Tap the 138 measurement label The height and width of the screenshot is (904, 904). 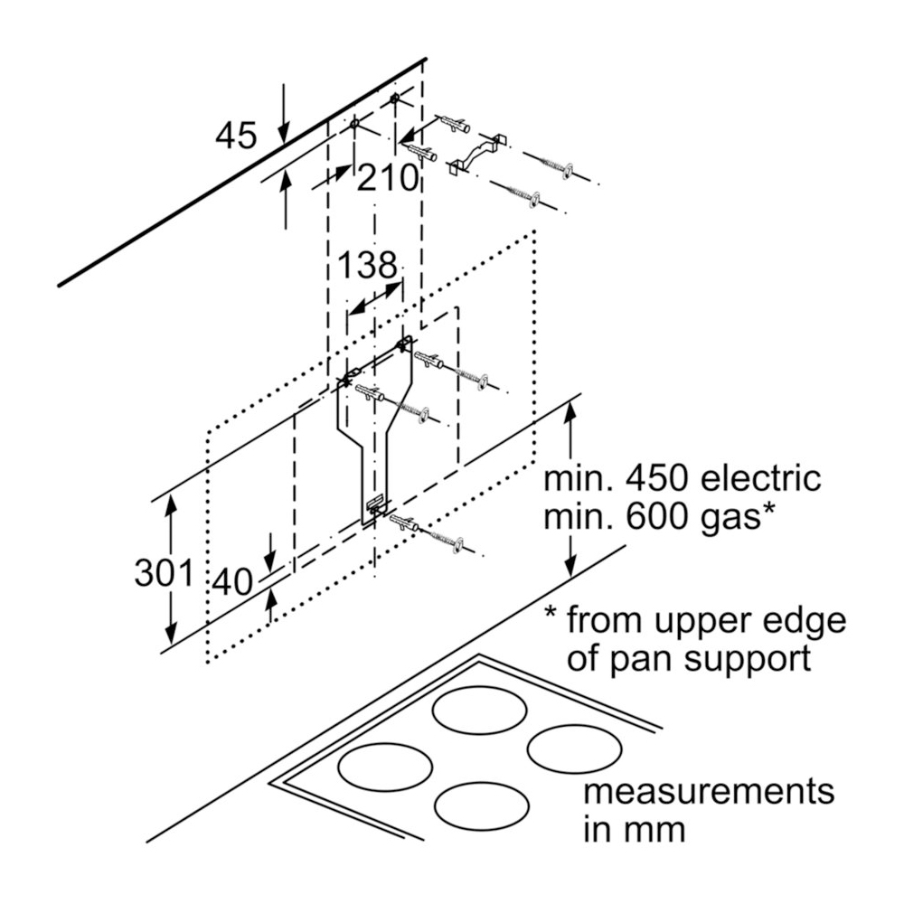click(368, 266)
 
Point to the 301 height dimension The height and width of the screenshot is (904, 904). click(164, 573)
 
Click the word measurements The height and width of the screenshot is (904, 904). click(708, 791)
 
